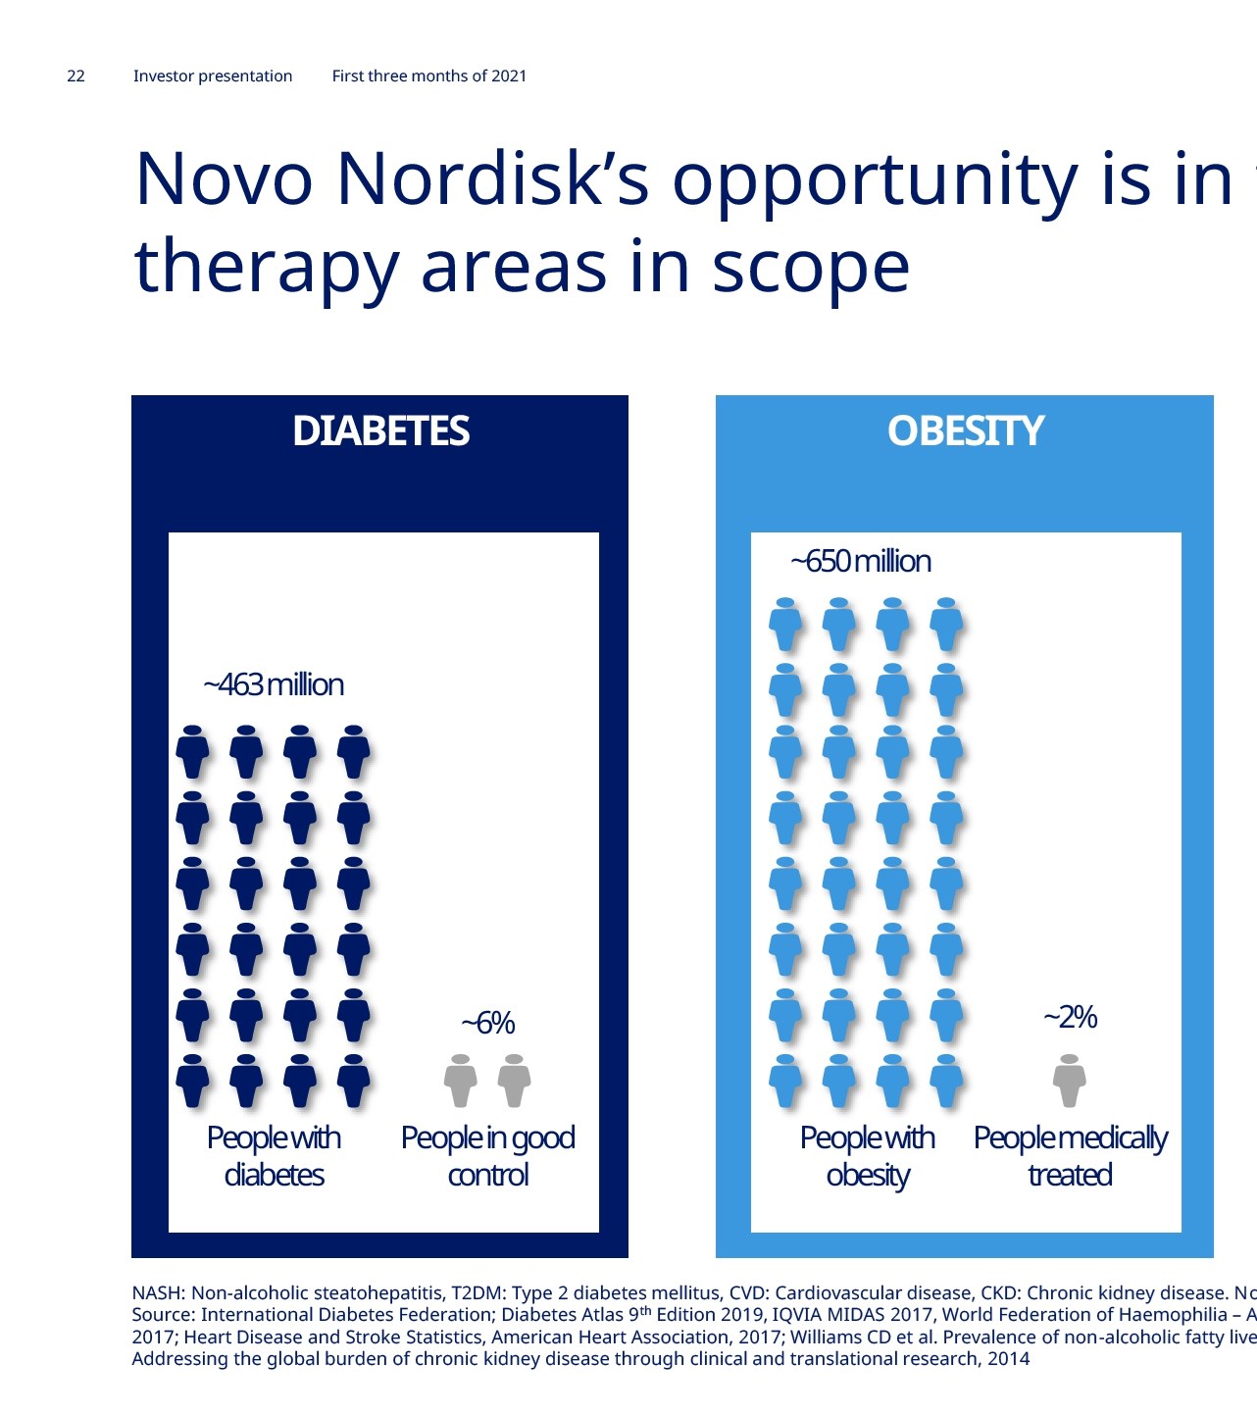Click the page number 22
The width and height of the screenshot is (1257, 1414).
(x=75, y=76)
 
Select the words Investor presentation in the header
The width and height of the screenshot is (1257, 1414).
(x=213, y=76)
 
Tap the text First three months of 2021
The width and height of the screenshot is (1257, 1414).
(x=429, y=76)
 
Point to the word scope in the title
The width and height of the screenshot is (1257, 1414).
(x=810, y=269)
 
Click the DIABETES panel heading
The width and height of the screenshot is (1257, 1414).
(x=381, y=430)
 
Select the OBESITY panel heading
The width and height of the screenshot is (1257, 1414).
(x=965, y=430)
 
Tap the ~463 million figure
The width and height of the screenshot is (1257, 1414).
(x=274, y=684)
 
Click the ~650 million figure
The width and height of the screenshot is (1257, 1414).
(x=861, y=561)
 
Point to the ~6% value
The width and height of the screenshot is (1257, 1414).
(x=488, y=1023)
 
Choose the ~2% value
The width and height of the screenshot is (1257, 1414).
(x=1070, y=1017)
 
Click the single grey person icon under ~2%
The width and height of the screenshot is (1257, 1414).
(x=1070, y=1081)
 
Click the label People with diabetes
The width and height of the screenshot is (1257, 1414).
(x=274, y=1156)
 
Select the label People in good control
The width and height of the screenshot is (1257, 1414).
(x=488, y=1156)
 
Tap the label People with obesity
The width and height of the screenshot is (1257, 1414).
(x=868, y=1156)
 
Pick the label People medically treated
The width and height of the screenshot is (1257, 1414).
(x=1070, y=1156)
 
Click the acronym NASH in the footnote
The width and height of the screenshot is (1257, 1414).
(x=157, y=1293)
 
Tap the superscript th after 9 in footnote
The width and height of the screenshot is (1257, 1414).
(x=645, y=1310)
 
